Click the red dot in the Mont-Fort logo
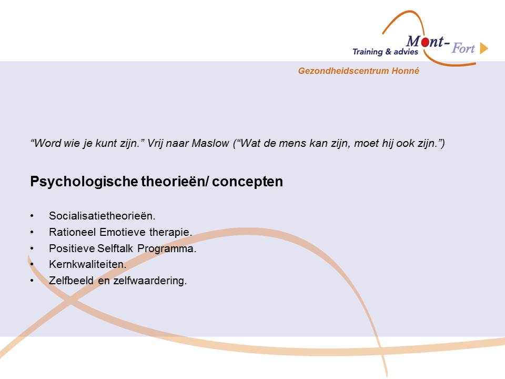point(426,42)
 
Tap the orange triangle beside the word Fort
point(484,48)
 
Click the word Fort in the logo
point(463,48)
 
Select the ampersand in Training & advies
point(388,52)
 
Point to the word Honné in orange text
point(406,71)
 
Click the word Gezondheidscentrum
point(344,71)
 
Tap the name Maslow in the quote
point(210,143)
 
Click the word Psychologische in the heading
point(84,182)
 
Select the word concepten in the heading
point(247,182)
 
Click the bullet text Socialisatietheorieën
point(102,216)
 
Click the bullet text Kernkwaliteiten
point(88,265)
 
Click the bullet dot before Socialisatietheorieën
point(32,216)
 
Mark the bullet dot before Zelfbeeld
point(32,281)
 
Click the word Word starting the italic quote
point(46,143)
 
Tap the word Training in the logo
point(368,52)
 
